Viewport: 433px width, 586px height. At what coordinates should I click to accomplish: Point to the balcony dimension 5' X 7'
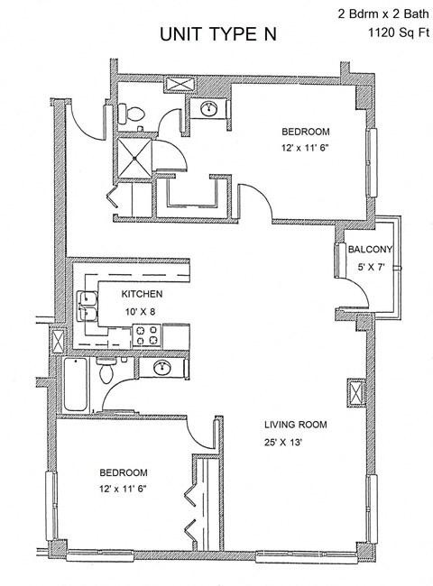pyautogui.click(x=371, y=268)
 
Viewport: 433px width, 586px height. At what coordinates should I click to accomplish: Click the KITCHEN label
pyautogui.click(x=142, y=295)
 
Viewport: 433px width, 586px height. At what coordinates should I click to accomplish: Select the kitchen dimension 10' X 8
pyautogui.click(x=142, y=311)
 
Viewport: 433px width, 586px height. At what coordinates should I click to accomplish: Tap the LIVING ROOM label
pyautogui.click(x=295, y=425)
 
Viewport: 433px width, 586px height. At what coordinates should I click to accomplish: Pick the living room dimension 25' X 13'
pyautogui.click(x=295, y=442)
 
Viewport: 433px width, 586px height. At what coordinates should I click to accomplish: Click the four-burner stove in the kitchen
pyautogui.click(x=147, y=336)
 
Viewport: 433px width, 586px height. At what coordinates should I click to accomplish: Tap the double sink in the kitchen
pyautogui.click(x=89, y=307)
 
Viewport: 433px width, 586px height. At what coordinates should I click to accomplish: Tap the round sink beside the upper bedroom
pyautogui.click(x=210, y=108)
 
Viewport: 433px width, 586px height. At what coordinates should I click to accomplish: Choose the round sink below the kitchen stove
pyautogui.click(x=162, y=368)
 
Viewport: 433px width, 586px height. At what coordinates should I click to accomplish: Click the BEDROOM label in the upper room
pyautogui.click(x=304, y=130)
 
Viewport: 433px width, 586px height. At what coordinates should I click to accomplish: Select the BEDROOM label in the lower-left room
pyautogui.click(x=124, y=472)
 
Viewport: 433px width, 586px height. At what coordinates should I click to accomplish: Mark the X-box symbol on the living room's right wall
pyautogui.click(x=355, y=395)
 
